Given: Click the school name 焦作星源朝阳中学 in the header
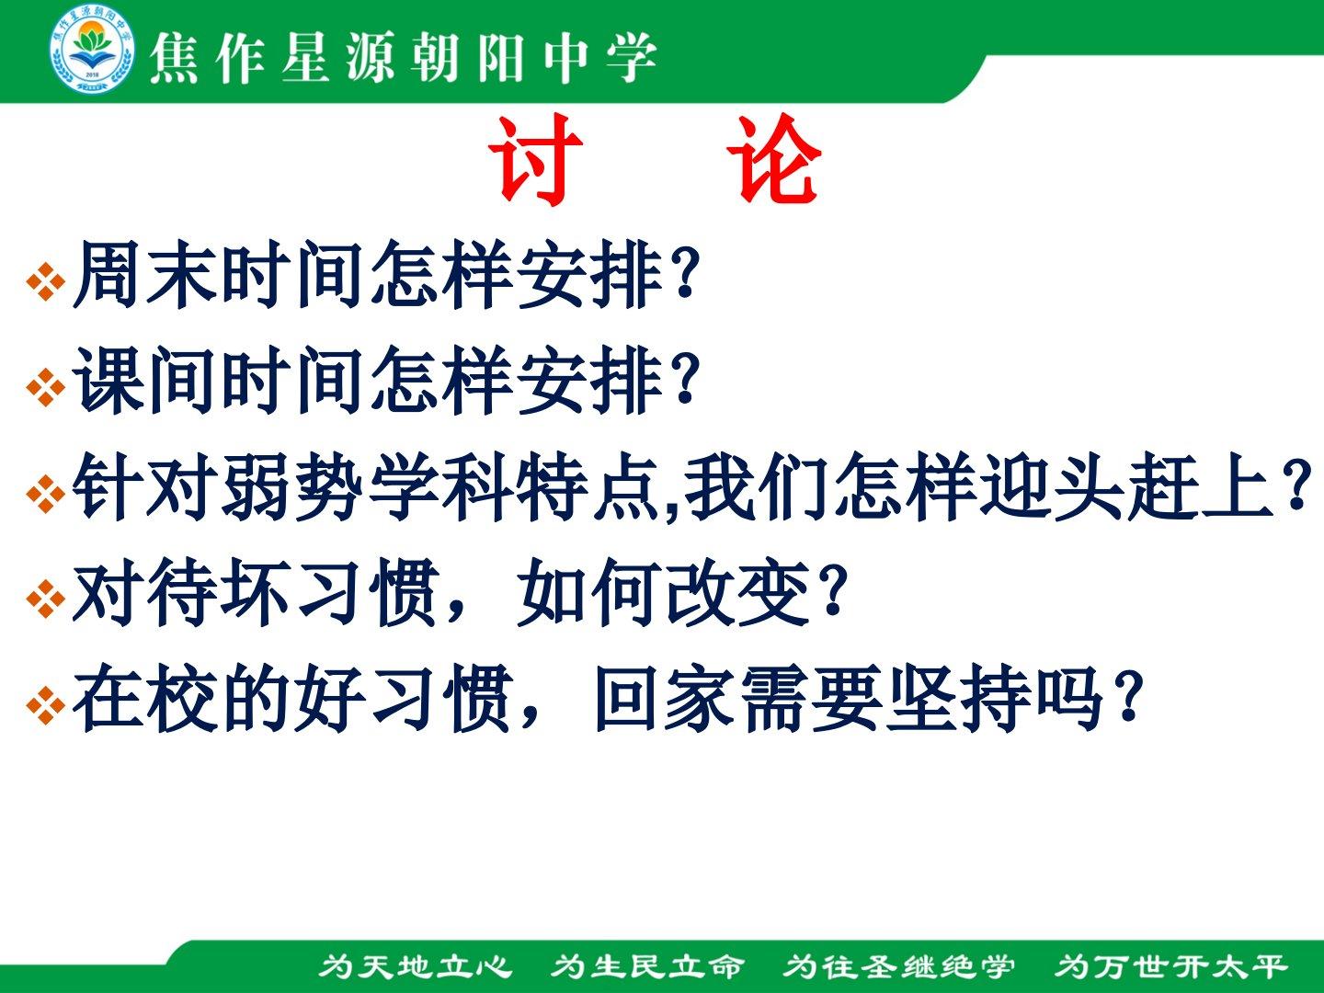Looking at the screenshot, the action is click(x=403, y=58).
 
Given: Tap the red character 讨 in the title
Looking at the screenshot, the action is click(x=535, y=159).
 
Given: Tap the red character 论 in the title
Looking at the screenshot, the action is click(x=773, y=159).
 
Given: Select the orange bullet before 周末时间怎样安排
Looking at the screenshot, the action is click(x=46, y=281).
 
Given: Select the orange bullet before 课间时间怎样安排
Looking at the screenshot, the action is click(x=46, y=387).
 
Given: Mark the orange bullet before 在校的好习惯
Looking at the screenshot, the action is click(x=46, y=704).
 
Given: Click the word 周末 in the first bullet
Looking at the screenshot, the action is click(x=144, y=274).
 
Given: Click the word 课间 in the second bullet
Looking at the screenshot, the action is click(x=144, y=380).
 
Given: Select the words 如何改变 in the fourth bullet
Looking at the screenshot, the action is click(x=663, y=592).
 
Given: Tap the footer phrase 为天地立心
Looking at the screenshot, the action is click(x=416, y=966).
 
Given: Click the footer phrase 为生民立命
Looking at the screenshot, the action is click(x=647, y=966).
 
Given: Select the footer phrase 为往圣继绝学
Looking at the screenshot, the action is click(x=898, y=966).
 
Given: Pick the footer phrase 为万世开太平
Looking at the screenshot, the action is click(x=1170, y=966).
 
